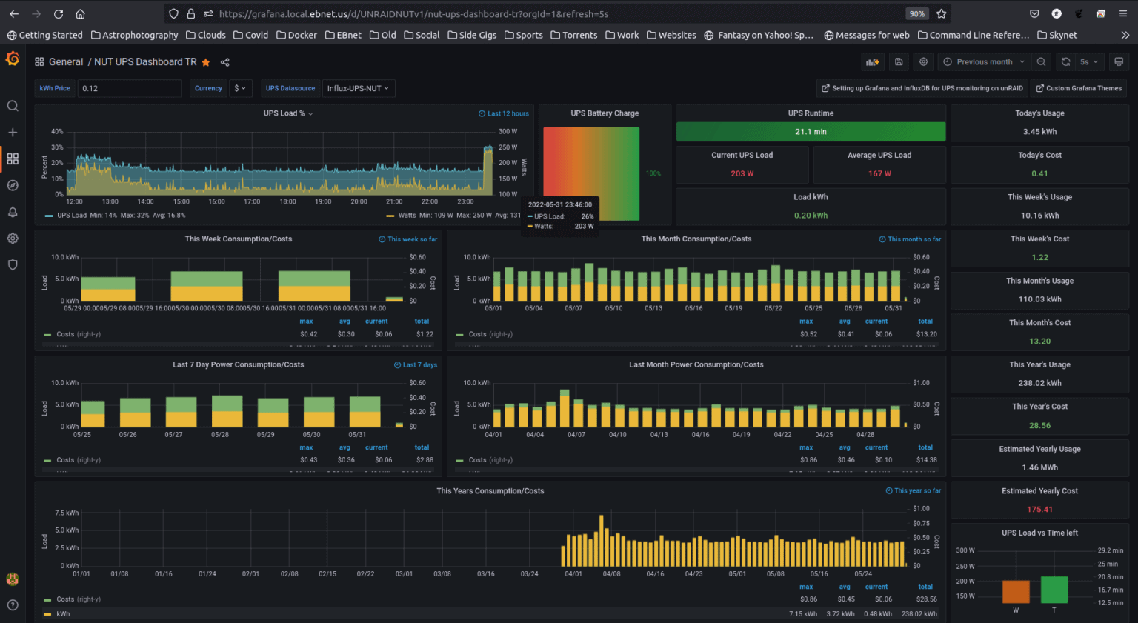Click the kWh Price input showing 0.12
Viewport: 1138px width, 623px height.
(129, 88)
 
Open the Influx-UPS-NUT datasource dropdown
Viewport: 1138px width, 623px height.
(358, 88)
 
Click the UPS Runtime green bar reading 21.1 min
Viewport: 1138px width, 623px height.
(811, 132)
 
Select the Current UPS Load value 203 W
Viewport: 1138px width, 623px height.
(742, 173)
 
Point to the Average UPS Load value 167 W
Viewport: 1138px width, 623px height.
(879, 173)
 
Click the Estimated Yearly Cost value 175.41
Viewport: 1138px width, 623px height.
(1039, 510)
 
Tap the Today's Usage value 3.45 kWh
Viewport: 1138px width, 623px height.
(1039, 132)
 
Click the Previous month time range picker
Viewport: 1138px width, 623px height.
(984, 62)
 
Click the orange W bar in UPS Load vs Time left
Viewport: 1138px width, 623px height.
(1016, 591)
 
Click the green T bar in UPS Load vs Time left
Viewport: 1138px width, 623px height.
(1054, 590)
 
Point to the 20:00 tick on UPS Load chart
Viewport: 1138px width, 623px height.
(359, 201)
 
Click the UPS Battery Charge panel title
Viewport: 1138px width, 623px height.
(605, 113)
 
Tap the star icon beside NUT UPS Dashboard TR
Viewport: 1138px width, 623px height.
(206, 62)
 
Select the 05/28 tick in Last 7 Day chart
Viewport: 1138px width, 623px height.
(220, 435)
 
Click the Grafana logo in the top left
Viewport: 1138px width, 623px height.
(13, 59)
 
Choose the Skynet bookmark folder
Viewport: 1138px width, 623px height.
(1057, 35)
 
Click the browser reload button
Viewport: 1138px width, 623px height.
(59, 13)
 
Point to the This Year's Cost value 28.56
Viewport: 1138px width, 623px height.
(1039, 426)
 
